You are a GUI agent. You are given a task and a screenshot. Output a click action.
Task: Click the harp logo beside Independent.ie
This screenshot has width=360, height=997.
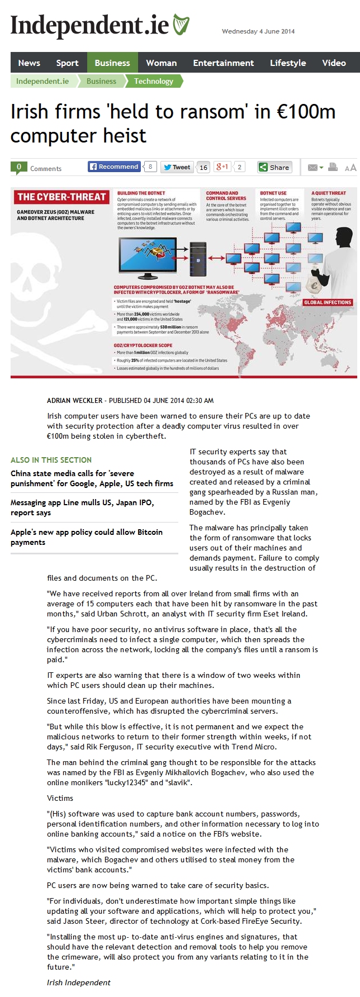181,26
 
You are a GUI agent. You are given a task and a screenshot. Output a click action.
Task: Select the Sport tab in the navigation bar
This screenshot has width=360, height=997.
67,63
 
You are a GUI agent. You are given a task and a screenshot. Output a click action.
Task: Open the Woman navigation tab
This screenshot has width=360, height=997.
161,63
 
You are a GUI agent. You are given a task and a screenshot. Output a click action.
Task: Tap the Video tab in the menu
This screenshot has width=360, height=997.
334,63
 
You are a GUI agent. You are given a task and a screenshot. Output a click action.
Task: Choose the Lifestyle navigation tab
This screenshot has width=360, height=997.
288,63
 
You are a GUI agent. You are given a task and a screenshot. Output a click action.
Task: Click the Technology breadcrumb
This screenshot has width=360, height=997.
153,82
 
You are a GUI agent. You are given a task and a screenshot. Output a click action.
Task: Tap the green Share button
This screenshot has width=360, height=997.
274,167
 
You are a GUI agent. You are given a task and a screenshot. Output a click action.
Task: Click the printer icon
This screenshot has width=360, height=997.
333,167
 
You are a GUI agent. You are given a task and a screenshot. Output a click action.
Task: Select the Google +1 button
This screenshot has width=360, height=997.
222,167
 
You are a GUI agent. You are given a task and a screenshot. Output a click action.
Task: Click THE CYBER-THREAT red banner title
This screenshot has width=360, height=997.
61,197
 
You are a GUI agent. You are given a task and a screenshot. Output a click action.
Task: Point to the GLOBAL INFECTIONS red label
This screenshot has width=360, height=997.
328,302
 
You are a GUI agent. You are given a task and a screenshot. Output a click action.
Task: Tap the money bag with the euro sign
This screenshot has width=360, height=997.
315,286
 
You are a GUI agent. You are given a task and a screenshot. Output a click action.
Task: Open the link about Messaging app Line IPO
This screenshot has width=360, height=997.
82,507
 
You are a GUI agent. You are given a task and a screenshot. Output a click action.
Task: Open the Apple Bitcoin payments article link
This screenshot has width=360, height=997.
87,537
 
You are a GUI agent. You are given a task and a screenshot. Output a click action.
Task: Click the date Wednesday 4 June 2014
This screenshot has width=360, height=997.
258,32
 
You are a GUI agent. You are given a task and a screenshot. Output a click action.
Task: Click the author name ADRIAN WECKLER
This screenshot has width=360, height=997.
74,401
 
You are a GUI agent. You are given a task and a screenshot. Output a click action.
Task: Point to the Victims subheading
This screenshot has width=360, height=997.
60,798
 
